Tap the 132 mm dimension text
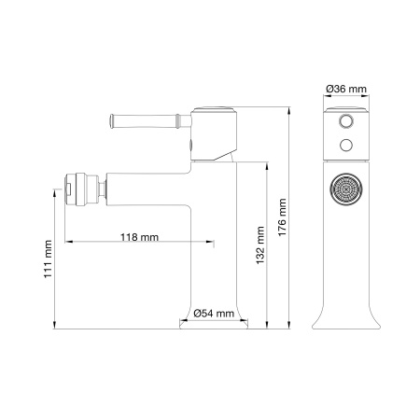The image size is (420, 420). pyautogui.click(x=262, y=245)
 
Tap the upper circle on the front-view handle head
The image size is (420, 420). pyautogui.click(x=347, y=122)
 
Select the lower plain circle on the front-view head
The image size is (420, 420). pyautogui.click(x=347, y=144)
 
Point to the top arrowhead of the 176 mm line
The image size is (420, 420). pyautogui.click(x=288, y=109)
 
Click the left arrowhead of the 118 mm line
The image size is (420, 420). pyautogui.click(x=64, y=245)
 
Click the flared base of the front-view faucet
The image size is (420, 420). pyautogui.click(x=347, y=319)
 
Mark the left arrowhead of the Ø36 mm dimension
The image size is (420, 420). pyautogui.click(x=328, y=97)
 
